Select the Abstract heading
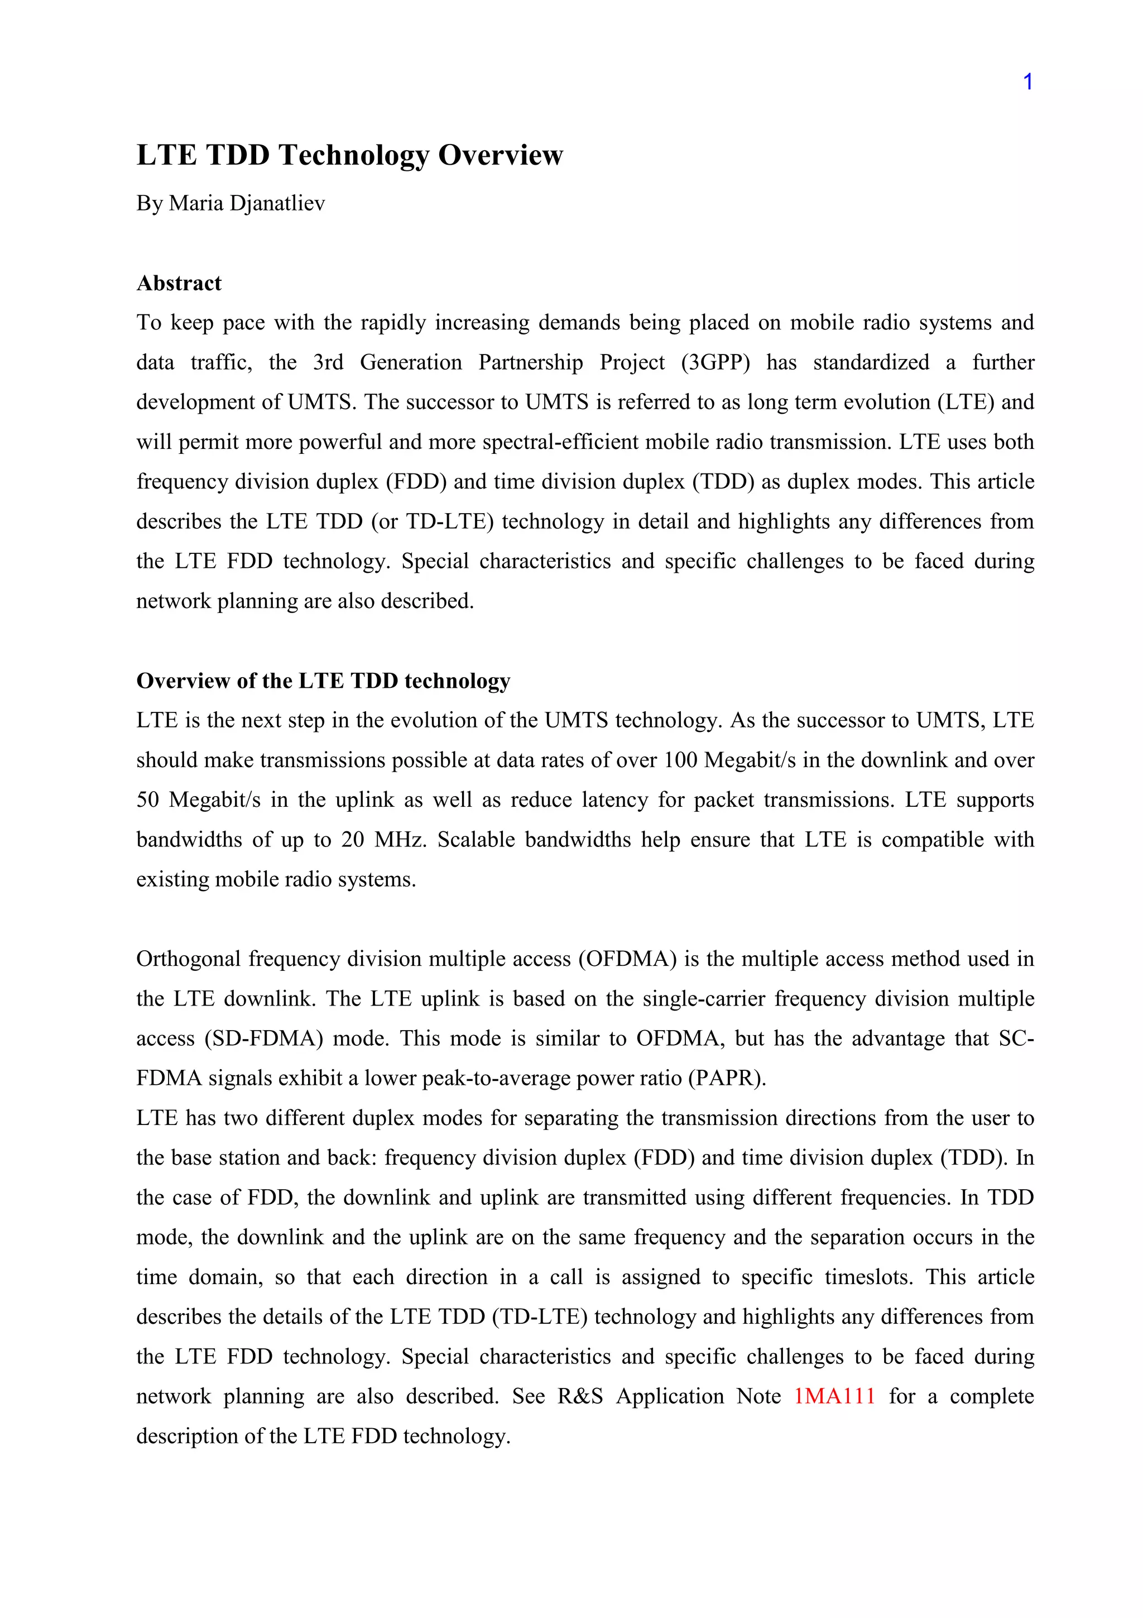click(x=179, y=283)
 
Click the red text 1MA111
click(x=834, y=1396)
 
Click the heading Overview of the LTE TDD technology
click(x=323, y=681)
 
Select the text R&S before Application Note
click(x=580, y=1396)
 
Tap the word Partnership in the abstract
click(x=530, y=362)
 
